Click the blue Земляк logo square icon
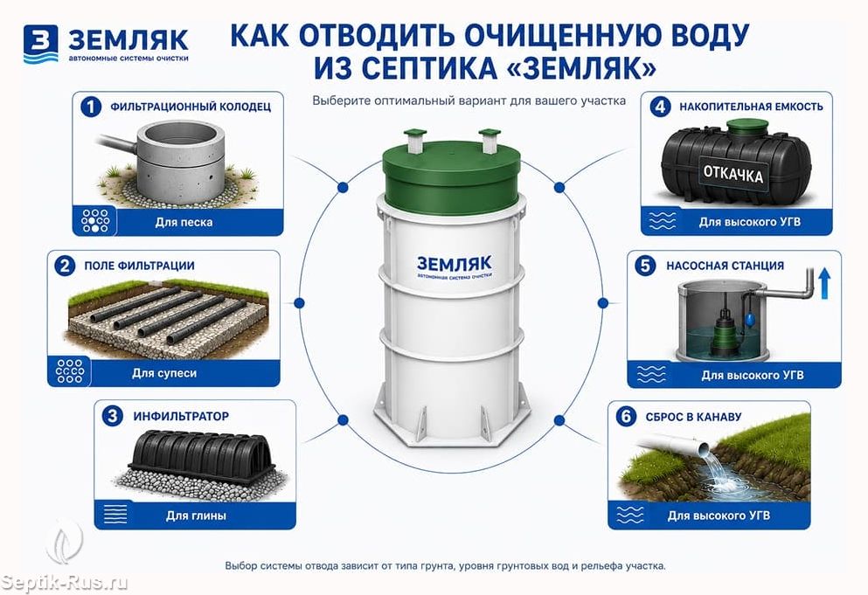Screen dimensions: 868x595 click(40, 43)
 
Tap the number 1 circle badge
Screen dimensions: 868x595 click(91, 107)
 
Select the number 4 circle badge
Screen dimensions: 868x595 click(660, 107)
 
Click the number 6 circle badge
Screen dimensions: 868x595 click(626, 416)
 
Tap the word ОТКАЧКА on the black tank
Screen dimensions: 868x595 click(733, 174)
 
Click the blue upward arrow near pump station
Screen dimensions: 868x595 click(824, 283)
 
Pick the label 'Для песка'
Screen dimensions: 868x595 click(184, 222)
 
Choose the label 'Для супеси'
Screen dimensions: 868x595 click(164, 373)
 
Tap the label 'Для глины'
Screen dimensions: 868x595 click(196, 515)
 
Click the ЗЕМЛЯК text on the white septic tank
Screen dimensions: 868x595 click(454, 264)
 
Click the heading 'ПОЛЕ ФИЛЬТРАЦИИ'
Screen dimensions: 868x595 click(140, 266)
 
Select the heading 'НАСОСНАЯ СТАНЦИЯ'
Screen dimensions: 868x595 click(726, 266)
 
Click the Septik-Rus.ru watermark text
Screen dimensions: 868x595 click(64, 583)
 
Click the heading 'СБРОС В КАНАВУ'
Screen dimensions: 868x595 click(693, 417)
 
